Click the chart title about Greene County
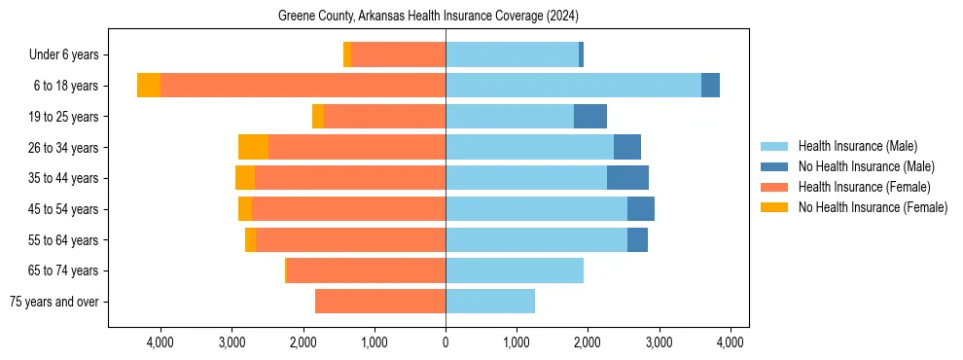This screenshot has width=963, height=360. tap(428, 17)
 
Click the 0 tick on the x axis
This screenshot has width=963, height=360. tap(446, 342)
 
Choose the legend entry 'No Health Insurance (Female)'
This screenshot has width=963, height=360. tap(873, 207)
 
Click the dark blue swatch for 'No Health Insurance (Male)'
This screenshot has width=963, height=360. tap(774, 167)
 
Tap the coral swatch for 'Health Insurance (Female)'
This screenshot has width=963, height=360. tap(774, 187)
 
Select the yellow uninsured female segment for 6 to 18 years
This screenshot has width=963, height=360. tap(149, 86)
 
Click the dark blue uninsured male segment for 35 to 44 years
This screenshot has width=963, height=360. tap(627, 178)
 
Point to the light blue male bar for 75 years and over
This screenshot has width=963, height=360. tap(490, 302)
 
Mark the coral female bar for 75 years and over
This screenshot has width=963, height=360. tap(380, 302)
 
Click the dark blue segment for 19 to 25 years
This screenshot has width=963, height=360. tap(590, 117)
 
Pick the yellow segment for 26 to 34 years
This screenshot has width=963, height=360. tap(253, 148)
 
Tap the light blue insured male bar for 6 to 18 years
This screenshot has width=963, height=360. tap(573, 86)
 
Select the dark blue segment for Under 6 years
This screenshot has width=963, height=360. tap(581, 55)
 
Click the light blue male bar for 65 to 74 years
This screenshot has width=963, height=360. tap(515, 270)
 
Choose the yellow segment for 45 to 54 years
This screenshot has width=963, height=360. tap(245, 209)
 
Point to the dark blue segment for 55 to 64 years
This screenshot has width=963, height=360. tap(637, 240)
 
